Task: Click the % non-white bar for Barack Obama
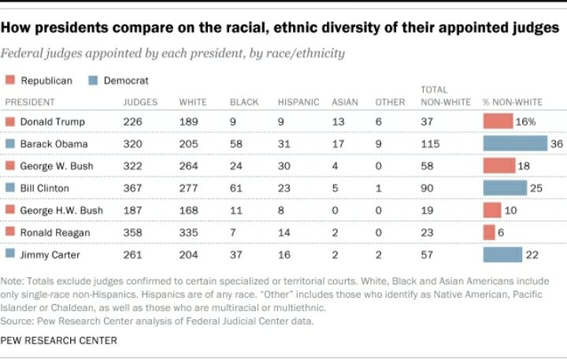(x=514, y=143)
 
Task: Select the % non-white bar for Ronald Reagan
(x=489, y=232)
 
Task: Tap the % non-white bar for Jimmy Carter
(x=502, y=254)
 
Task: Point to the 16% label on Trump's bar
(x=526, y=121)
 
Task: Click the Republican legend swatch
(x=9, y=80)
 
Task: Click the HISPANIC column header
(x=298, y=102)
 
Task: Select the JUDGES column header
(x=140, y=102)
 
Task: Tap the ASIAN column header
(x=344, y=102)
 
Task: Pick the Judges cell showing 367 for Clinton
(x=133, y=188)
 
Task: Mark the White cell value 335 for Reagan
(x=189, y=232)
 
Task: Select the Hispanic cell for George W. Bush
(x=284, y=166)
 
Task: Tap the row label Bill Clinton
(x=45, y=188)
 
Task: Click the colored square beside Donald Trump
(x=10, y=121)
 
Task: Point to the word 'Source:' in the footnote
(x=20, y=321)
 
